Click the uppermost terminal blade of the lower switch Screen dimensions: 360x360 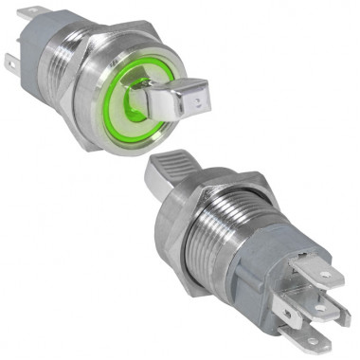(x=323, y=276)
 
